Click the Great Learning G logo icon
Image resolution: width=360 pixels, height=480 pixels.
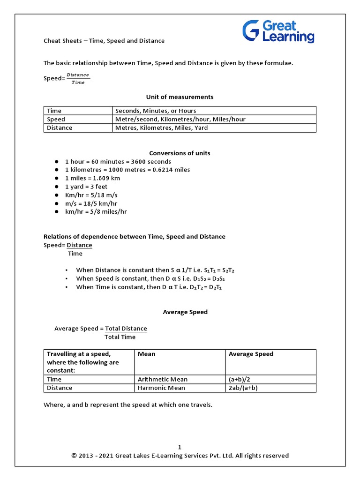pyautogui.click(x=251, y=31)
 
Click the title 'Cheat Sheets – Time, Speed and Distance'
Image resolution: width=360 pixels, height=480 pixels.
pyautogui.click(x=104, y=41)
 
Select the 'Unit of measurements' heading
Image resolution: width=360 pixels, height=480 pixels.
pyautogui.click(x=180, y=97)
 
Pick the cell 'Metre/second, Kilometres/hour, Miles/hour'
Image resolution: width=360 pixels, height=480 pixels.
pyautogui.click(x=180, y=119)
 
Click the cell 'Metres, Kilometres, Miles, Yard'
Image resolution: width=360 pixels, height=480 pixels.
pyautogui.click(x=161, y=127)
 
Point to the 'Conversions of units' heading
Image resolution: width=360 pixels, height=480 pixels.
pyautogui.click(x=180, y=153)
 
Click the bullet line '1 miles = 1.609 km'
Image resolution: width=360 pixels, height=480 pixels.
pyautogui.click(x=92, y=178)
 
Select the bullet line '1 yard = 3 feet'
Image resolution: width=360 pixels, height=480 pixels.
pyautogui.click(x=86, y=187)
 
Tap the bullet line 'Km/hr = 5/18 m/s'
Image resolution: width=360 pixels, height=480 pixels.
pyautogui.click(x=91, y=195)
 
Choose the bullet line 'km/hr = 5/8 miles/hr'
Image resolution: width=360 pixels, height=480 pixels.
pyautogui.click(x=96, y=211)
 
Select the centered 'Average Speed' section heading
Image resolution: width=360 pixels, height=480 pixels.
pyautogui.click(x=185, y=312)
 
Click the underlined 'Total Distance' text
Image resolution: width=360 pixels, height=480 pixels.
pyautogui.click(x=126, y=329)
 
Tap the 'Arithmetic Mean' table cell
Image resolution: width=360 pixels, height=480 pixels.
pyautogui.click(x=162, y=379)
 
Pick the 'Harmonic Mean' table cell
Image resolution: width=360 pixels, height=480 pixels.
pyautogui.click(x=161, y=388)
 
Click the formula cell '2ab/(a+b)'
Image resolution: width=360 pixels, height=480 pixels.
pyautogui.click(x=243, y=388)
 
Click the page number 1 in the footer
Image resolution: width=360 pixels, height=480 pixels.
pyautogui.click(x=180, y=447)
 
